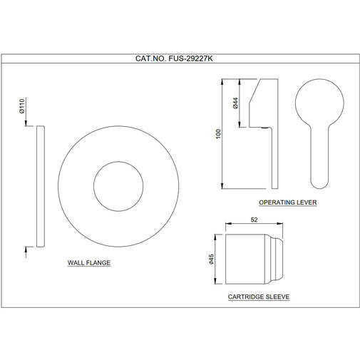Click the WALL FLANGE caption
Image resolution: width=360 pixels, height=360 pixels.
pyautogui.click(x=89, y=262)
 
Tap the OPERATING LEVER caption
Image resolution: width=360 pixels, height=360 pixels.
pyautogui.click(x=288, y=203)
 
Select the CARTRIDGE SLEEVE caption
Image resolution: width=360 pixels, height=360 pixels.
pyautogui.click(x=258, y=296)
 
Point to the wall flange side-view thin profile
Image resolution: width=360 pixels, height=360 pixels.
pyautogui.click(x=40, y=187)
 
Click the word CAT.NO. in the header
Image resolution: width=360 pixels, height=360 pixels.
pyautogui.click(x=150, y=61)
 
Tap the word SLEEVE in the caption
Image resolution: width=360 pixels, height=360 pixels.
pyautogui.click(x=276, y=296)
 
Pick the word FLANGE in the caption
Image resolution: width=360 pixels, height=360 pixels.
pyautogui.click(x=99, y=262)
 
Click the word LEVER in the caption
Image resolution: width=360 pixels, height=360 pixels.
pyautogui.click(x=307, y=203)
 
